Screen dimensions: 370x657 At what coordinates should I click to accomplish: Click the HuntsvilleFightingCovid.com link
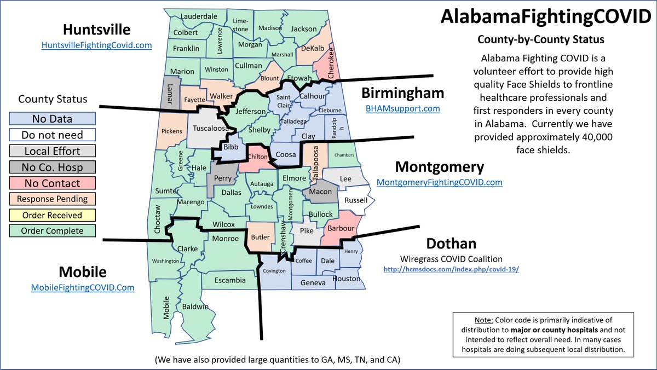[96, 45]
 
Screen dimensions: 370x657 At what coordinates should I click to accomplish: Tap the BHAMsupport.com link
[403, 108]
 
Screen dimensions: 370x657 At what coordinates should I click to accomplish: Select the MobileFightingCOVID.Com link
[82, 287]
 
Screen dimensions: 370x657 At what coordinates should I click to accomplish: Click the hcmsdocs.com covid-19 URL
[451, 269]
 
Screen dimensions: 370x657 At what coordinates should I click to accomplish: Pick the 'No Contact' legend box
[53, 183]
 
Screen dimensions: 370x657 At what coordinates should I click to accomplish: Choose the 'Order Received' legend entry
[53, 215]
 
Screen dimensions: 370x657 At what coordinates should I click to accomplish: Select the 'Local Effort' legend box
[53, 151]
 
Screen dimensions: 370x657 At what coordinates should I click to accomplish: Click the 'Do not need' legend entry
[53, 135]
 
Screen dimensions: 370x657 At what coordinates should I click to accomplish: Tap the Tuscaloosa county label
[211, 129]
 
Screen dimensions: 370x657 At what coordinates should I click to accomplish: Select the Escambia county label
[230, 280]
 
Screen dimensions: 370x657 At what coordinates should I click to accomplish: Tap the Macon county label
[320, 192]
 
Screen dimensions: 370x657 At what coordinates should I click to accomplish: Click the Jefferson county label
[250, 112]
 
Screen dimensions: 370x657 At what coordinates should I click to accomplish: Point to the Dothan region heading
[451, 243]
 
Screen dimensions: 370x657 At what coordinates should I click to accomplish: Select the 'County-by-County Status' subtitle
[541, 40]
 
